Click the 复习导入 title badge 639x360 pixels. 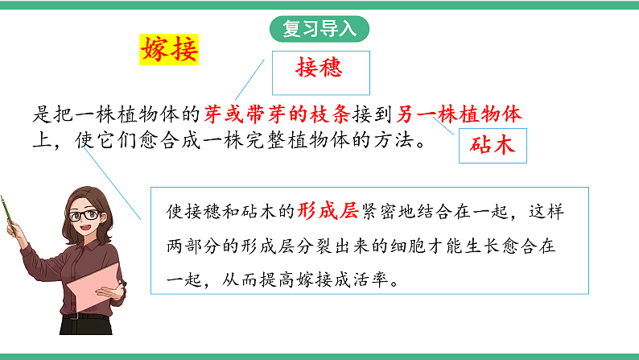(x=319, y=29)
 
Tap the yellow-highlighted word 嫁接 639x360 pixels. (x=169, y=50)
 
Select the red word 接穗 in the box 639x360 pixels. (x=319, y=68)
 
